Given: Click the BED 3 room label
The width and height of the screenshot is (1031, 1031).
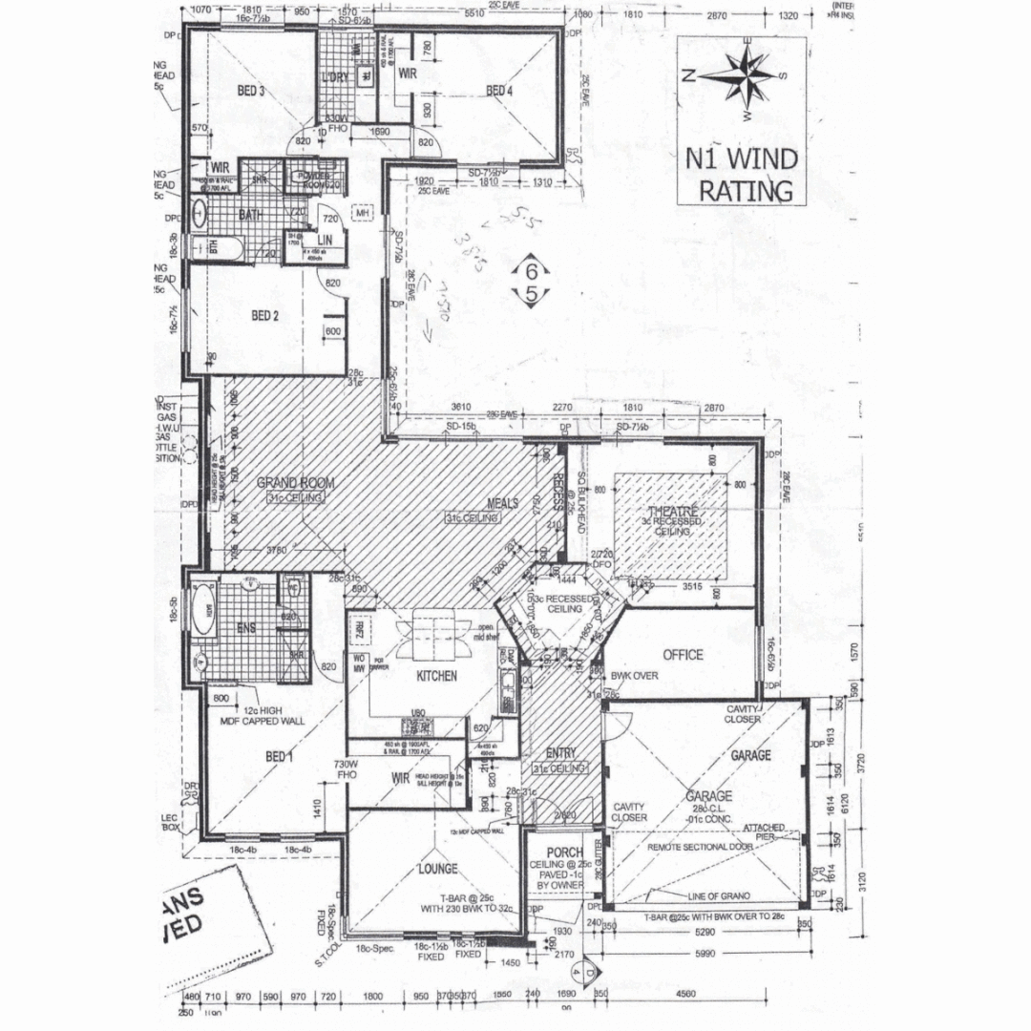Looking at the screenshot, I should [x=250, y=92].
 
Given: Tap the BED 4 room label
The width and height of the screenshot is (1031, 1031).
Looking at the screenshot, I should [x=499, y=92].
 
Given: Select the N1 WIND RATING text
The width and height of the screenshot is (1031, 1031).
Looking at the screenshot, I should [x=746, y=174].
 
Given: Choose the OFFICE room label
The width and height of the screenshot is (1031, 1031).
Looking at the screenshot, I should [x=682, y=655].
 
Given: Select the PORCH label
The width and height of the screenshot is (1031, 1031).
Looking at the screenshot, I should [x=565, y=852].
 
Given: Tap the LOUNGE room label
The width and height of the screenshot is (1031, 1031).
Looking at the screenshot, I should [x=436, y=870].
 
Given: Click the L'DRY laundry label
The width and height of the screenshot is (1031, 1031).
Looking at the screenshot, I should [x=336, y=77].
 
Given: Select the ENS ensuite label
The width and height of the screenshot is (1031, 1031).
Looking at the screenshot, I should [x=245, y=627].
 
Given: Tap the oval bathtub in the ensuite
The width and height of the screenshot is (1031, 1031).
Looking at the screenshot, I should [x=202, y=606].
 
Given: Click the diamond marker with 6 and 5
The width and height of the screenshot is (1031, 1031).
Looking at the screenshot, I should [x=531, y=283].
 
